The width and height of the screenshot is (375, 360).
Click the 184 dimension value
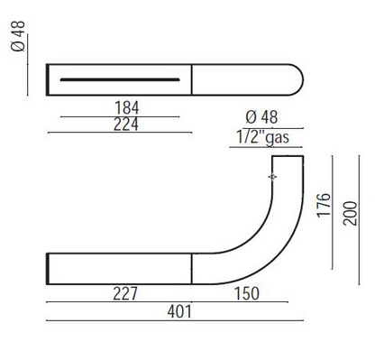(x=127, y=107)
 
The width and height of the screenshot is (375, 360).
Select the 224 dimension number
(x=126, y=125)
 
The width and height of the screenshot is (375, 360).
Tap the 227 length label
(x=125, y=293)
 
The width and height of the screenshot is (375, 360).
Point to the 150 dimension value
(x=247, y=293)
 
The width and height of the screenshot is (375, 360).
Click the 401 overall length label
(x=179, y=311)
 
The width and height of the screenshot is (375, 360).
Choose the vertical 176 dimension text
(x=324, y=205)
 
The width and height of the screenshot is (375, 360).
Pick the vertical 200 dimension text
(x=351, y=214)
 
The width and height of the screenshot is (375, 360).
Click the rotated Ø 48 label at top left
(x=18, y=36)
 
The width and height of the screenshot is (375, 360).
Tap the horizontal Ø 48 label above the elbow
(x=261, y=117)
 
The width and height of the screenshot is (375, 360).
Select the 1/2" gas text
(x=263, y=137)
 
